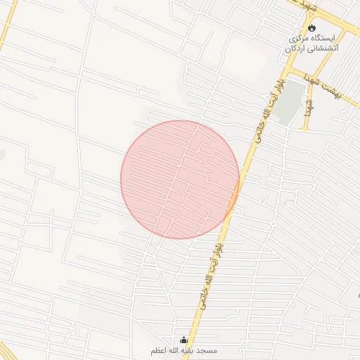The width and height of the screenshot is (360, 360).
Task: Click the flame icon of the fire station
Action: pos(311,27)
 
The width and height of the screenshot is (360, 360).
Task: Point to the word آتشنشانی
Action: pos(323,49)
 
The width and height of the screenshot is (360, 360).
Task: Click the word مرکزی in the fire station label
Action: pos(299,37)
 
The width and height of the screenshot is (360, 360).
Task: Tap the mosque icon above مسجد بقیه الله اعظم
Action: pos(184,340)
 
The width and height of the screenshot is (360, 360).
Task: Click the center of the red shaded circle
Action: pos(179,179)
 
